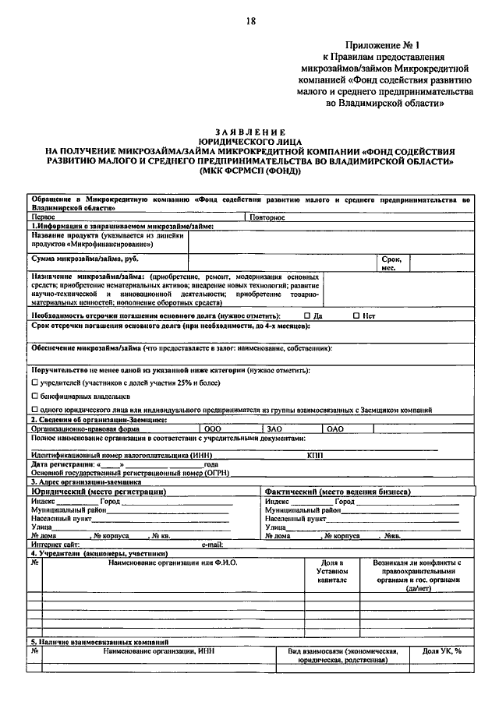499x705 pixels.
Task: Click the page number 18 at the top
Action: point(250,22)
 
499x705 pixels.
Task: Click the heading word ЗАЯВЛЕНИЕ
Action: point(250,132)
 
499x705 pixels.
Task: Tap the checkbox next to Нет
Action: point(356,316)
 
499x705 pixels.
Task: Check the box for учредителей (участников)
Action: point(34,383)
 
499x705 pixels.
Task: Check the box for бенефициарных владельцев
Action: point(34,397)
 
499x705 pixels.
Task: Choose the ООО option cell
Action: point(213,428)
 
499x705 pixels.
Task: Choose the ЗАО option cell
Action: point(274,428)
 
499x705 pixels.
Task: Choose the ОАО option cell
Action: point(335,428)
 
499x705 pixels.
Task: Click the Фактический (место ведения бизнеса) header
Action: point(337,492)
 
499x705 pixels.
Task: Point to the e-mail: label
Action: point(212,544)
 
